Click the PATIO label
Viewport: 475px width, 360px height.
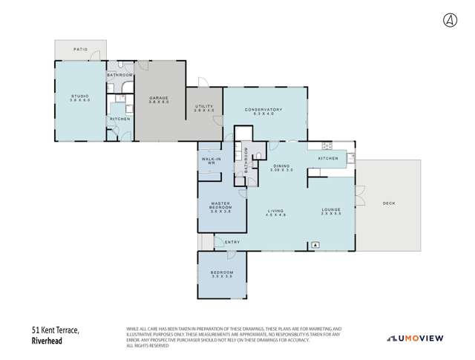coord(80,50)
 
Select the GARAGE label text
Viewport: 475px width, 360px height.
coord(159,99)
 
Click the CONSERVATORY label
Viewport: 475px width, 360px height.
coord(264,112)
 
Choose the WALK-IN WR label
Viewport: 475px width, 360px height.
coord(209,161)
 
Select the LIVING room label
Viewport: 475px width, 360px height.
coord(276,212)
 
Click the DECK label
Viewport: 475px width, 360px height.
coord(388,203)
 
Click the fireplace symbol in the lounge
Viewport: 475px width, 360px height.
coord(315,243)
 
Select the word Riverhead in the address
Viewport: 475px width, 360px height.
coord(47,341)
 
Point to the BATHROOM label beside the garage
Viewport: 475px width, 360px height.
coord(119,76)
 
